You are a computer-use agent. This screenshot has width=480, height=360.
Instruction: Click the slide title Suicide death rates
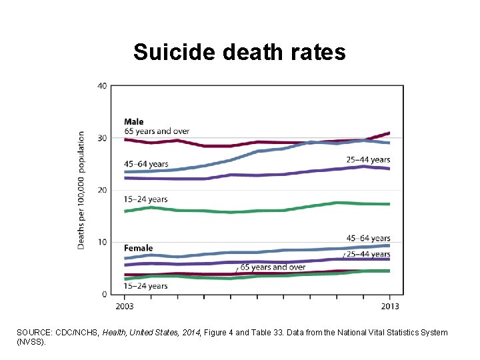coord(239,52)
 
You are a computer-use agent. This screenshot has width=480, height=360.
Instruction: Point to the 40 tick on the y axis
coord(102,85)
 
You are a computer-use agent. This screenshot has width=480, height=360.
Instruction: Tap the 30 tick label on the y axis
coord(102,138)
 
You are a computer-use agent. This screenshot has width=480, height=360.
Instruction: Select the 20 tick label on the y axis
coord(102,190)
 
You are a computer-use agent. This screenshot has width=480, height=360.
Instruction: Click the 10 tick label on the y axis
coord(102,242)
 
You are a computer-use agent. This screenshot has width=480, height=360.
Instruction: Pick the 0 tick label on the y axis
coord(105,294)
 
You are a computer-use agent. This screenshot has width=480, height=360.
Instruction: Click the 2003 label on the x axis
coord(124,305)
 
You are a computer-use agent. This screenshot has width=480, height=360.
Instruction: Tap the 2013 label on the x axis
coord(390,305)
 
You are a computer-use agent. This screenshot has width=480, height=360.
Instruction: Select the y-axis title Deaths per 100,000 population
coord(81,190)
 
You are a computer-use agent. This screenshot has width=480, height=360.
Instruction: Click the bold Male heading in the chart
coord(133,121)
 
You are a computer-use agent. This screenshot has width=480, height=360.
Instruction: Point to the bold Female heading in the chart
coord(138,249)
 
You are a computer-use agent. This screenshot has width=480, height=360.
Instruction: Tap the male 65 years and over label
coord(157,130)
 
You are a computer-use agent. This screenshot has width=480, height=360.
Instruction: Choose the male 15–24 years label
coord(145,199)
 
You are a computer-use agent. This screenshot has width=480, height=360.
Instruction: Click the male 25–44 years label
coord(367,160)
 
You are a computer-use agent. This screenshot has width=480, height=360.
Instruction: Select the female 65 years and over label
coord(273,267)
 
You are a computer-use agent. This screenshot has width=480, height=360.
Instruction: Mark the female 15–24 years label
coord(145,286)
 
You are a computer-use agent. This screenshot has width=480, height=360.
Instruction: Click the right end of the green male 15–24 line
coord(389,204)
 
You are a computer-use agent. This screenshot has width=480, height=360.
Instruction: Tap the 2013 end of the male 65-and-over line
coord(389,133)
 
